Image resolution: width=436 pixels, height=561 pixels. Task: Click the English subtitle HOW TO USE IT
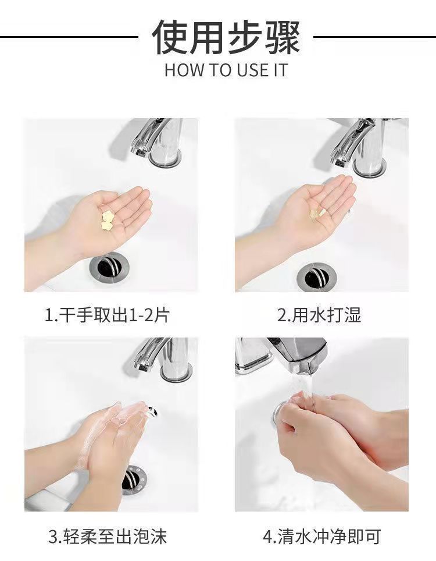[226, 70]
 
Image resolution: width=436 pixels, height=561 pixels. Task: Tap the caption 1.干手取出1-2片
[108, 315]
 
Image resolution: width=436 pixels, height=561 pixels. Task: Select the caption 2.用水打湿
[319, 315]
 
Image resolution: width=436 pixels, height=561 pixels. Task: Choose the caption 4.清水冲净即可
[321, 536]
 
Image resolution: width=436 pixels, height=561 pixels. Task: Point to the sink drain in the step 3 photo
[135, 478]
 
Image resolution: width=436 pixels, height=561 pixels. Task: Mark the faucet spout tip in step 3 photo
[141, 366]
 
